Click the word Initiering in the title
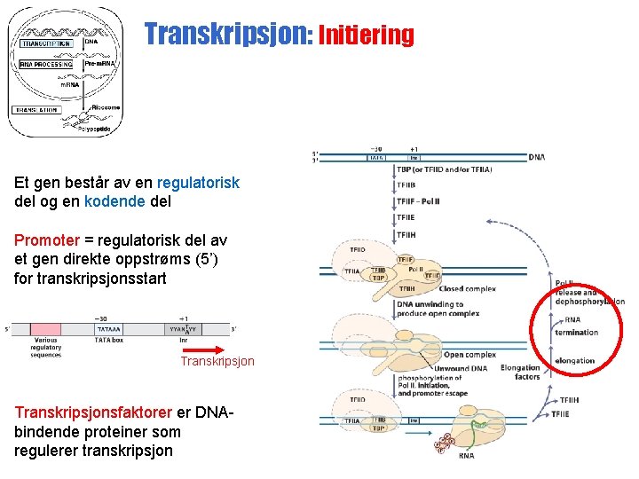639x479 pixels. coord(366,35)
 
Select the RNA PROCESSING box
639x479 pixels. coord(47,64)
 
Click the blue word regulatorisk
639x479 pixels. coord(198,183)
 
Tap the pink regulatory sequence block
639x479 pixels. coord(46,328)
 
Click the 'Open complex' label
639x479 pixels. coord(469,355)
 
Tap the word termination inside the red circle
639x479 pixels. coord(576,333)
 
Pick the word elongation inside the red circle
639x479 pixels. coord(574,361)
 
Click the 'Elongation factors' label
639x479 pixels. coord(520,373)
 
